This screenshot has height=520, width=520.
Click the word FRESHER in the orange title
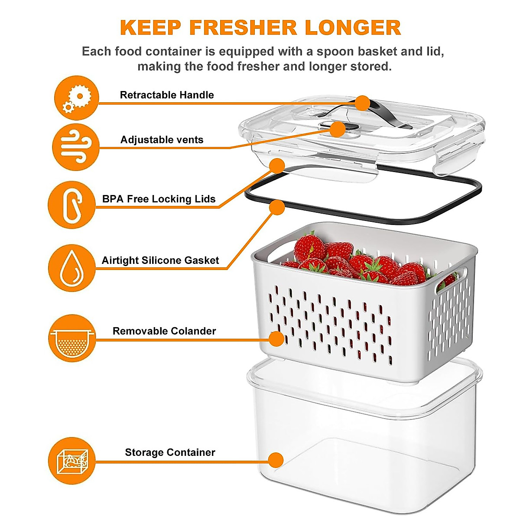243,28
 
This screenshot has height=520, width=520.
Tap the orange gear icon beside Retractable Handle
77,97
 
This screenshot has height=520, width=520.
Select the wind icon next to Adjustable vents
76,146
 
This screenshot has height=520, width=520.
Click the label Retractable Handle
167,95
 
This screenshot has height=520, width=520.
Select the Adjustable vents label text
162,140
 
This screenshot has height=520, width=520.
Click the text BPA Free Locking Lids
159,199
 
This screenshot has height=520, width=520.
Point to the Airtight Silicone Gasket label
160,260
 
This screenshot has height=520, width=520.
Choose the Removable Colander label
164,331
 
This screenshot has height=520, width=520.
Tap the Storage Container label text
170,452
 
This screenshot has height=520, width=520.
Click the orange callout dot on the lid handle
363,103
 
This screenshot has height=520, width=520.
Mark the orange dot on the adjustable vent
338,129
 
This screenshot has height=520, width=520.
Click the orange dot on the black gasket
277,207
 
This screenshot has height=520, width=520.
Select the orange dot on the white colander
276,338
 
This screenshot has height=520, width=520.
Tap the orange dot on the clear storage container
276,460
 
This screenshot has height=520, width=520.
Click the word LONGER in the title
353,28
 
